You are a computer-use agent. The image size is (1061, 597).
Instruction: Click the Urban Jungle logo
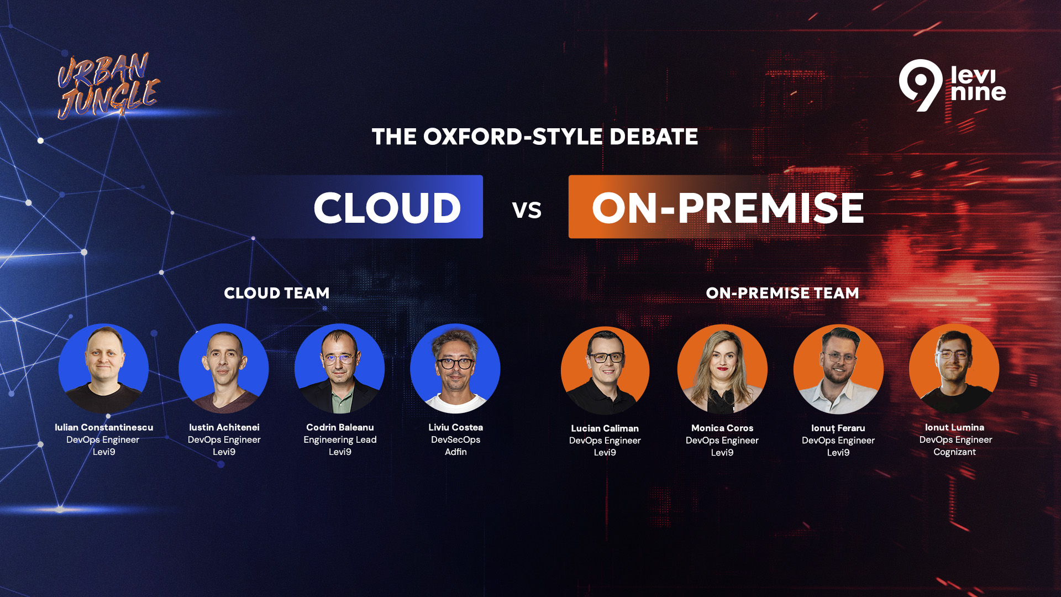108,86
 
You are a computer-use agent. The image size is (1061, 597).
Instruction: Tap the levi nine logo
952,85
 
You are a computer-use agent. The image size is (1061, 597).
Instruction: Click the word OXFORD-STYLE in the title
513,137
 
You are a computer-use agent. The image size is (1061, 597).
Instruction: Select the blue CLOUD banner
369,207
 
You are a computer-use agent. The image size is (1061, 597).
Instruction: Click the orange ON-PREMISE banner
718,207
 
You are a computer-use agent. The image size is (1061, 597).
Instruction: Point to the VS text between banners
527,210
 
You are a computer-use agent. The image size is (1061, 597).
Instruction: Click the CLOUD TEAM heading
276,293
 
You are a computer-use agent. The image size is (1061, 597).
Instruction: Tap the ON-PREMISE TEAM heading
782,293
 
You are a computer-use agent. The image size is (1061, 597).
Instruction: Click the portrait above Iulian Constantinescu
103,369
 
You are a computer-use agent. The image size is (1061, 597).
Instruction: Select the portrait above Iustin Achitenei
224,369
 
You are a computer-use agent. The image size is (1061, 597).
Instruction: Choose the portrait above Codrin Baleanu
340,369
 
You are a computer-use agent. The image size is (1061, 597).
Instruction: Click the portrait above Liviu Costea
455,369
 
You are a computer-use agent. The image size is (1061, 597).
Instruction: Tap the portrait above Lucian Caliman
605,370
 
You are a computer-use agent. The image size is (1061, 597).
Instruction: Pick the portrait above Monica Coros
722,369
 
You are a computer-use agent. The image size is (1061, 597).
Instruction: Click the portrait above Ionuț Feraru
838,369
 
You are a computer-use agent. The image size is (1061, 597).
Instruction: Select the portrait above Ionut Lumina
954,369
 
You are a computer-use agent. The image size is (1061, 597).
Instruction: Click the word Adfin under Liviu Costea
456,452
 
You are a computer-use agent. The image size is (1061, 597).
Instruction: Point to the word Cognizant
955,452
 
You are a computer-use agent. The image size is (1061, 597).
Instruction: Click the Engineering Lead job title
340,440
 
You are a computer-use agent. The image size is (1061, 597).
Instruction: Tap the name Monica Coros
722,428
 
